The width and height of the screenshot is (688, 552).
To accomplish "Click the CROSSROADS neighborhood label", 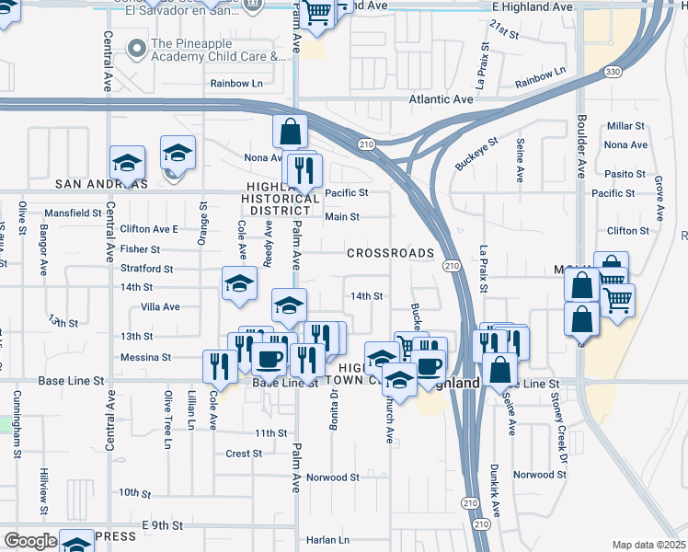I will click(390, 253).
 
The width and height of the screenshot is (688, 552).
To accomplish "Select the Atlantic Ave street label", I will click(441, 99).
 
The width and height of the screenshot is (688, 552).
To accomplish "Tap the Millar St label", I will click(625, 126).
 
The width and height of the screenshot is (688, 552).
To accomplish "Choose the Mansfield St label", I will click(73, 213).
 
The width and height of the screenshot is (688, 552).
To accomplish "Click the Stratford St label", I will click(146, 269).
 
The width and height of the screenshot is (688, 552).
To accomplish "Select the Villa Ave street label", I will click(160, 306).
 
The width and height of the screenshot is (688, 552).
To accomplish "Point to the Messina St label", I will click(145, 357).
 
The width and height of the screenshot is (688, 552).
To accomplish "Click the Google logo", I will click(30, 541).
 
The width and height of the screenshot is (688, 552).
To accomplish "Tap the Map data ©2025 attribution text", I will click(649, 545).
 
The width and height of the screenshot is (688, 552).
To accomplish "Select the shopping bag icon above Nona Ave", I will click(291, 132).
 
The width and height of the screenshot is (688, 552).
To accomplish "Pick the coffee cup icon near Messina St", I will click(269, 358).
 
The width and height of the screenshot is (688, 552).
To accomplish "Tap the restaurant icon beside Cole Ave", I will click(219, 366).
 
